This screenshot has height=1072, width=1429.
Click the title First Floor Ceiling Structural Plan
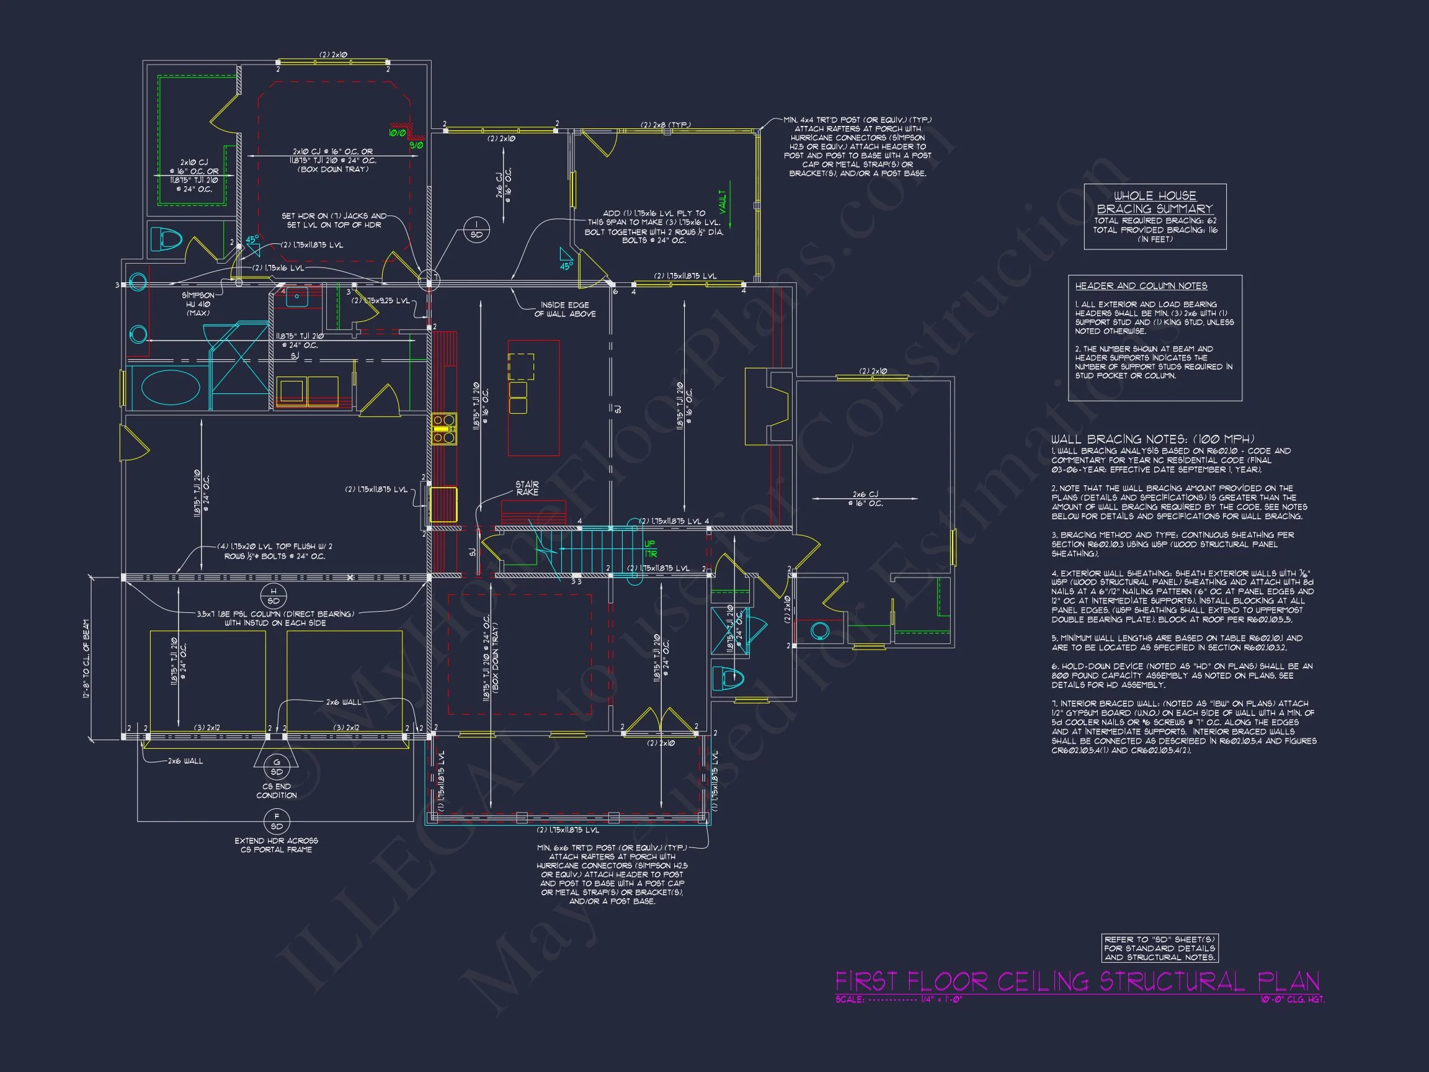pos(1077,981)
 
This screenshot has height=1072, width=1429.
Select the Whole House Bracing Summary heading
pos(1154,202)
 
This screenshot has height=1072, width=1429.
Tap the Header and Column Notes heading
pos(1141,285)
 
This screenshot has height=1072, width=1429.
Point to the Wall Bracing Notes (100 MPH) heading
pos(1152,439)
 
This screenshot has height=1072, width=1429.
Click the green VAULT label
pos(723,202)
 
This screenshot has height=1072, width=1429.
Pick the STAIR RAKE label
pos(527,488)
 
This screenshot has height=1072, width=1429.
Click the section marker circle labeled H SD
pos(274,596)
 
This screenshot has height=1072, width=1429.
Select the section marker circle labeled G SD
pos(277,767)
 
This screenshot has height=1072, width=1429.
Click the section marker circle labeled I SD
pos(476,230)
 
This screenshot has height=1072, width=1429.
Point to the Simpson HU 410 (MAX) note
pos(198,305)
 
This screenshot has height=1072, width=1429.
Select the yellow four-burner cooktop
pos(444,429)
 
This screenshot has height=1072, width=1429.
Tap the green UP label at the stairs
pos(649,544)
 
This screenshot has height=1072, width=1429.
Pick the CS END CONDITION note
pos(277,791)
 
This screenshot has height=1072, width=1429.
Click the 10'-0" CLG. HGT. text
pos(1292,999)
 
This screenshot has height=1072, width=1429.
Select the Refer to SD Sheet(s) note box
pos(1160,949)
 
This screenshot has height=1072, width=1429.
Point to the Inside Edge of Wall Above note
pos(564,310)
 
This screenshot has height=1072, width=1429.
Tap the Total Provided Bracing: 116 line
pos(1154,230)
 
